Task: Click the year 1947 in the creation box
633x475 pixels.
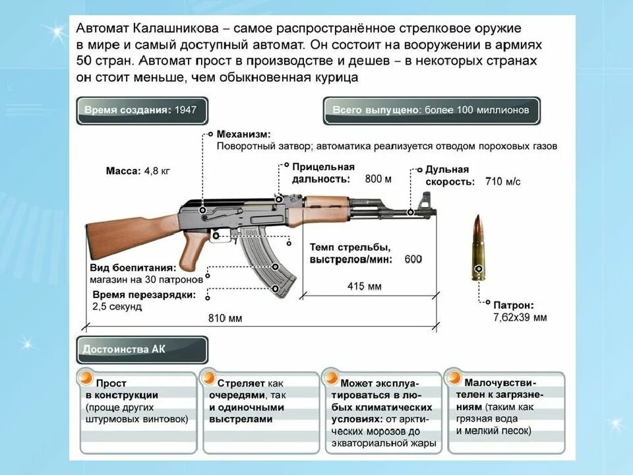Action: point(185,110)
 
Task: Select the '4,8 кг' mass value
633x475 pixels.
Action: point(157,171)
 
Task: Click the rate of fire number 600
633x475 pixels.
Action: point(413,259)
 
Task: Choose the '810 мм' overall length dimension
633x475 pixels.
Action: point(225,318)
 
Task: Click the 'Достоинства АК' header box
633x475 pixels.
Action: point(142,350)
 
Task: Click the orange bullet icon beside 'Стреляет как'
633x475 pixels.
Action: point(208,378)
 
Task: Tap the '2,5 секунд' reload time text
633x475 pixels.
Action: point(117,307)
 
